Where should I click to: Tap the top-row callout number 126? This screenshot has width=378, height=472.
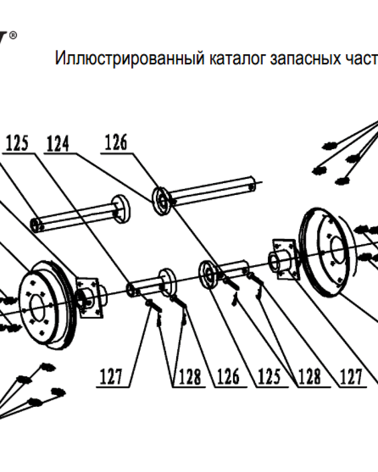(116, 143)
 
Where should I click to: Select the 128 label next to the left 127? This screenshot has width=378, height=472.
(189, 377)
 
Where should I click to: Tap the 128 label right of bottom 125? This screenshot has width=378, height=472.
(309, 377)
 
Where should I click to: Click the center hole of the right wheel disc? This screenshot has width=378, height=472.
(337, 247)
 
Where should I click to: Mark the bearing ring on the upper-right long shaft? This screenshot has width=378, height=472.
(162, 202)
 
